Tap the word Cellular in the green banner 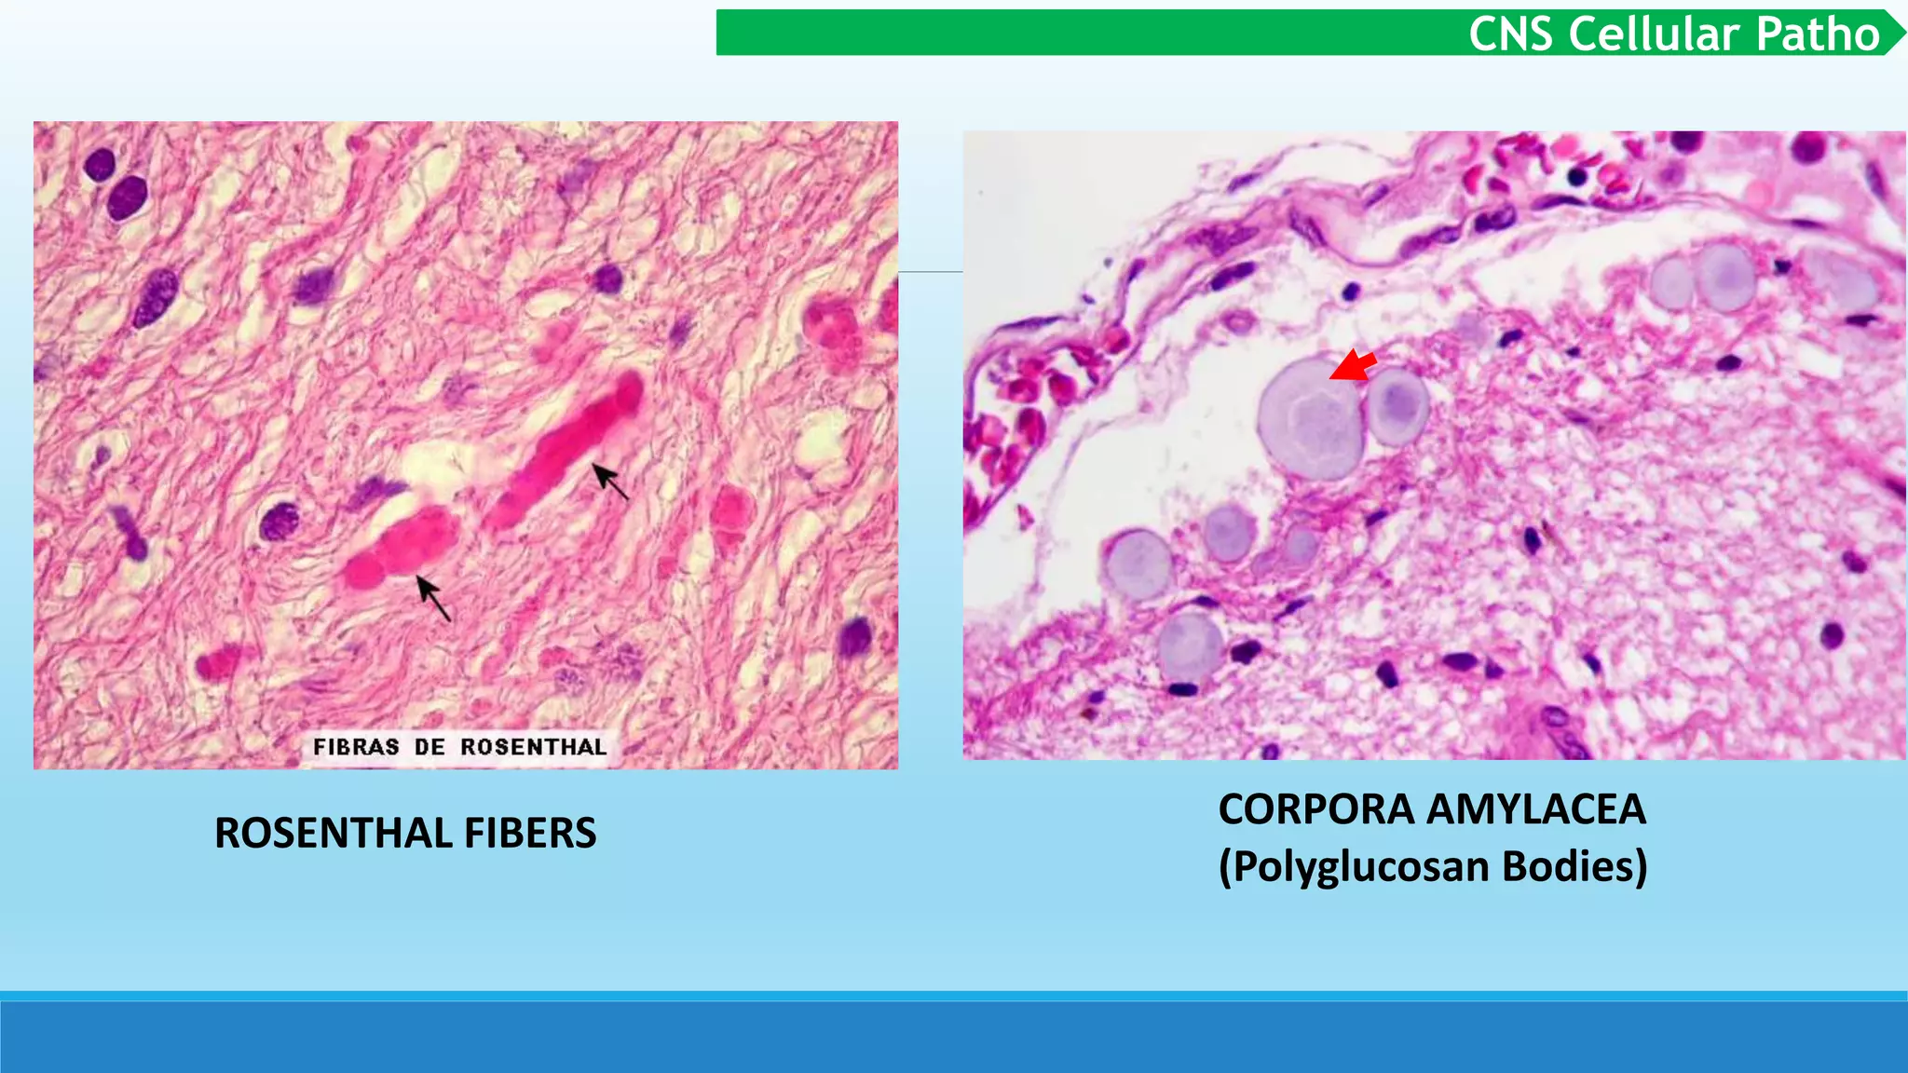click(x=1653, y=34)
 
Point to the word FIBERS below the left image click(x=530, y=833)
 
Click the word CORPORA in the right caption click(x=1316, y=808)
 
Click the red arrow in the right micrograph click(x=1354, y=366)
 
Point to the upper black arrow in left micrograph click(x=610, y=481)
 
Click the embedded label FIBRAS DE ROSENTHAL click(x=459, y=747)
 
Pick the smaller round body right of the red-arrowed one click(x=1397, y=405)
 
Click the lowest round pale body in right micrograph click(x=1190, y=645)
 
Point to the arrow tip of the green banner click(x=1897, y=33)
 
